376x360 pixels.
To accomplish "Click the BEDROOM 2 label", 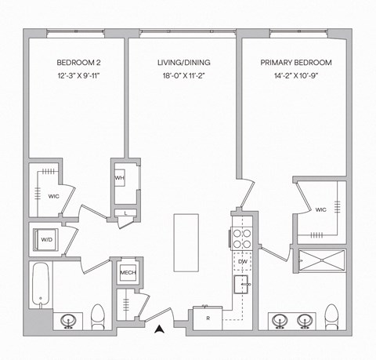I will coord(76,62).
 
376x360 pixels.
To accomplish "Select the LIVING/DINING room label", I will coord(183,62).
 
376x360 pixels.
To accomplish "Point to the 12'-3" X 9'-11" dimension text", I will coord(76,76).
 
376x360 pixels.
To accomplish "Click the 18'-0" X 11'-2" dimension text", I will coord(183,76).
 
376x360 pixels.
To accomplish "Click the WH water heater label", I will coord(120,178).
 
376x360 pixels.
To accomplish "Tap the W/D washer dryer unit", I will coord(45,239).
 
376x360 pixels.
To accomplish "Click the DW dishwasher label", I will coord(242,260).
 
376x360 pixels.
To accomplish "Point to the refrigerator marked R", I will coord(208,318).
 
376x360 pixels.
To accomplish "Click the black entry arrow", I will coord(160,329).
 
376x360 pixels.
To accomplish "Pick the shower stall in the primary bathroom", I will coord(321,260).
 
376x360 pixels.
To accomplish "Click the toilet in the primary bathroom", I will coord(331,318).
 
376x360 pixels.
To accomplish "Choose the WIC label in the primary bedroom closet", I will coord(321,210).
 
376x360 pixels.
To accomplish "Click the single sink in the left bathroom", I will coord(69,320).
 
